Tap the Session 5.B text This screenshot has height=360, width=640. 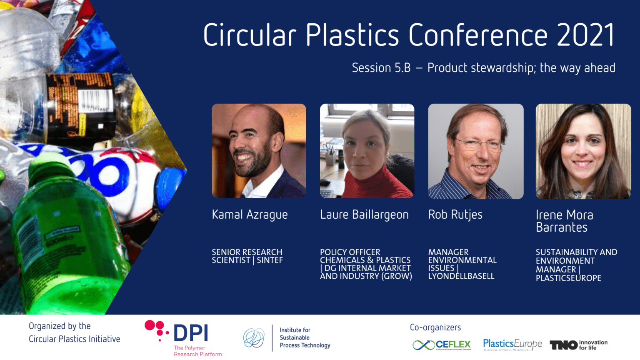(381, 68)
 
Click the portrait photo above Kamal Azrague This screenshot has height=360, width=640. (259, 151)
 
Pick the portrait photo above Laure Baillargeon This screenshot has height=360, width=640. (367, 151)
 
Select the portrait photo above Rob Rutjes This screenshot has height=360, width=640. (475, 151)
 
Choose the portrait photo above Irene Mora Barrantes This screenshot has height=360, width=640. (583, 151)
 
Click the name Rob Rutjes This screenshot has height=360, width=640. (455, 215)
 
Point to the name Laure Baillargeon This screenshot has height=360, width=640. (364, 215)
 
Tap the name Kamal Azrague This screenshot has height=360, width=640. (250, 215)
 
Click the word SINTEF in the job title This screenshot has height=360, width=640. (270, 260)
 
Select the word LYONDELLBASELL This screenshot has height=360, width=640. (461, 276)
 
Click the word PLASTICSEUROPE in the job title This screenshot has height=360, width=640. (568, 278)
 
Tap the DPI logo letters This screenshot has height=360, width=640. (190, 333)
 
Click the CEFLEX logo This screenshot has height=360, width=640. (442, 345)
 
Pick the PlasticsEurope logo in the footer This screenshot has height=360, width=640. (512, 345)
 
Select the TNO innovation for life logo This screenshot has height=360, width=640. (578, 345)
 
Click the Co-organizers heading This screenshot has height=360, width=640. (435, 327)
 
